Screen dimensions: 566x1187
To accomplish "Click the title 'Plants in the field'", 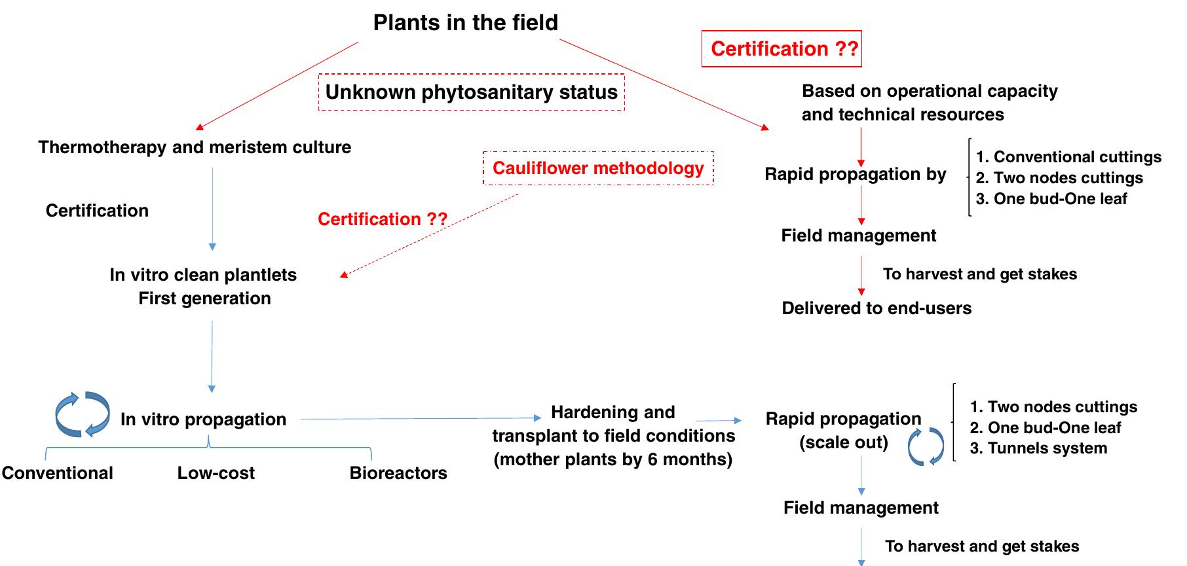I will pos(465,23).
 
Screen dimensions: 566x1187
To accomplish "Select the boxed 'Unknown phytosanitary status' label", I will pos(471,92).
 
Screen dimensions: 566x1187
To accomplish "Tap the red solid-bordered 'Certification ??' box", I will pos(782,49).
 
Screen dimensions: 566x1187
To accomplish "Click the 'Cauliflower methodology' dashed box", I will pos(598,168).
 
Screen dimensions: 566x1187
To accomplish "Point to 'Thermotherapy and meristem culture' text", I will pos(195,147).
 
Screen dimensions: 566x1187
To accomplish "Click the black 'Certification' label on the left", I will pos(97,211).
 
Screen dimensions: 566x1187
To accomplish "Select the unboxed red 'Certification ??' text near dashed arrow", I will pos(383,219).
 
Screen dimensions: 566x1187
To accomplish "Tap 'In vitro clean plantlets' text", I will pos(203,275).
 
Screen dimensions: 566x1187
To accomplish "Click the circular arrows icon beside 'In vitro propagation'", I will pos(83,414).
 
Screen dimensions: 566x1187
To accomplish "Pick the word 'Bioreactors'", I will pos(398,473).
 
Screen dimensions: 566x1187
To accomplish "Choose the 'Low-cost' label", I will pos(216,473).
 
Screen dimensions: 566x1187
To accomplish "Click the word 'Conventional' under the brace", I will pos(58,473).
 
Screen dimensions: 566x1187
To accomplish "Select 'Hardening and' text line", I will pos(612,412).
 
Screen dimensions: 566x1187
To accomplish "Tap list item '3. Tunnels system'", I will pos(1038,448).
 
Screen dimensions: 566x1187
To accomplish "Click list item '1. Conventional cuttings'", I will pos(1068,157).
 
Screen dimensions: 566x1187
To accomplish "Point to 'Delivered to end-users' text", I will pos(876,308).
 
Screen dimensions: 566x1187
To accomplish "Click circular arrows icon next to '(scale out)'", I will pos(926,446).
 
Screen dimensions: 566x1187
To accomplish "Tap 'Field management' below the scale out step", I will pos(861,508).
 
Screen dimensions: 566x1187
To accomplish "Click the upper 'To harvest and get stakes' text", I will pos(979,274).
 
